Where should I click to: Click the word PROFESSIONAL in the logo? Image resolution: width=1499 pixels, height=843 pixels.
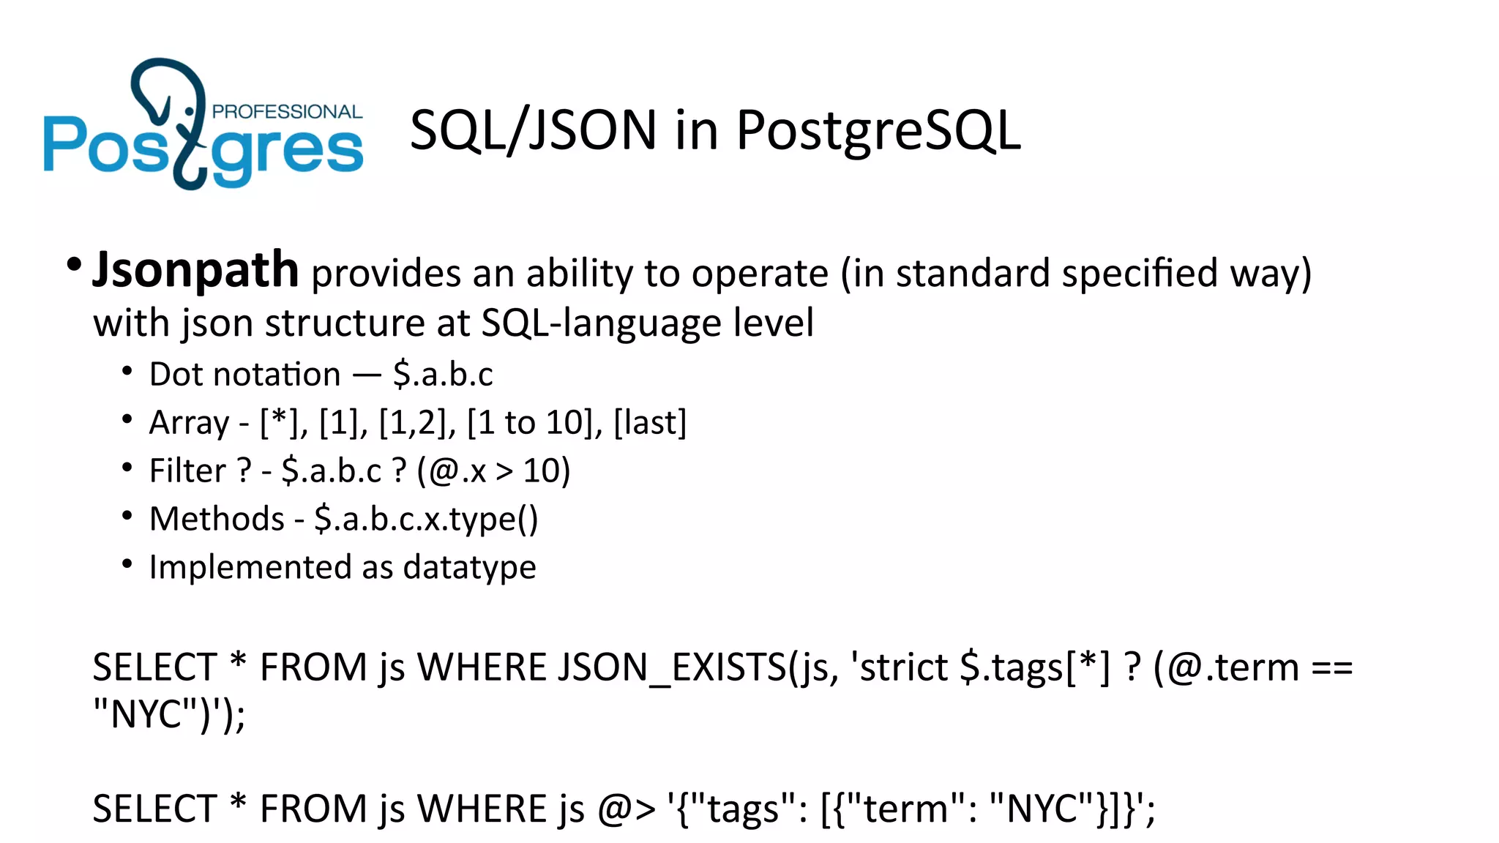[287, 111]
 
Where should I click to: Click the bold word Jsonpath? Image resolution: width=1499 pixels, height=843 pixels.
[195, 271]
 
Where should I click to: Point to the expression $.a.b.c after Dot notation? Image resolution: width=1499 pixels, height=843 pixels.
[443, 374]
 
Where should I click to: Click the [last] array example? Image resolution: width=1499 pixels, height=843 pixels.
[650, 422]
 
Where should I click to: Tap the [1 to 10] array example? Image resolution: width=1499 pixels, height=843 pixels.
[529, 422]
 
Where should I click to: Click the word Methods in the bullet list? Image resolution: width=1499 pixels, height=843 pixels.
[217, 519]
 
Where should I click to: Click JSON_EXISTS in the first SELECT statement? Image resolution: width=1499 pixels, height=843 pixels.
[672, 667]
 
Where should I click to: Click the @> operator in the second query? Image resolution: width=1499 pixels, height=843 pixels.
[627, 809]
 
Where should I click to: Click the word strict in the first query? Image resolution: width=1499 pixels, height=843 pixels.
[904, 667]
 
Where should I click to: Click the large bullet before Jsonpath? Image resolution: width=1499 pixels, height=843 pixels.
[73, 264]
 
